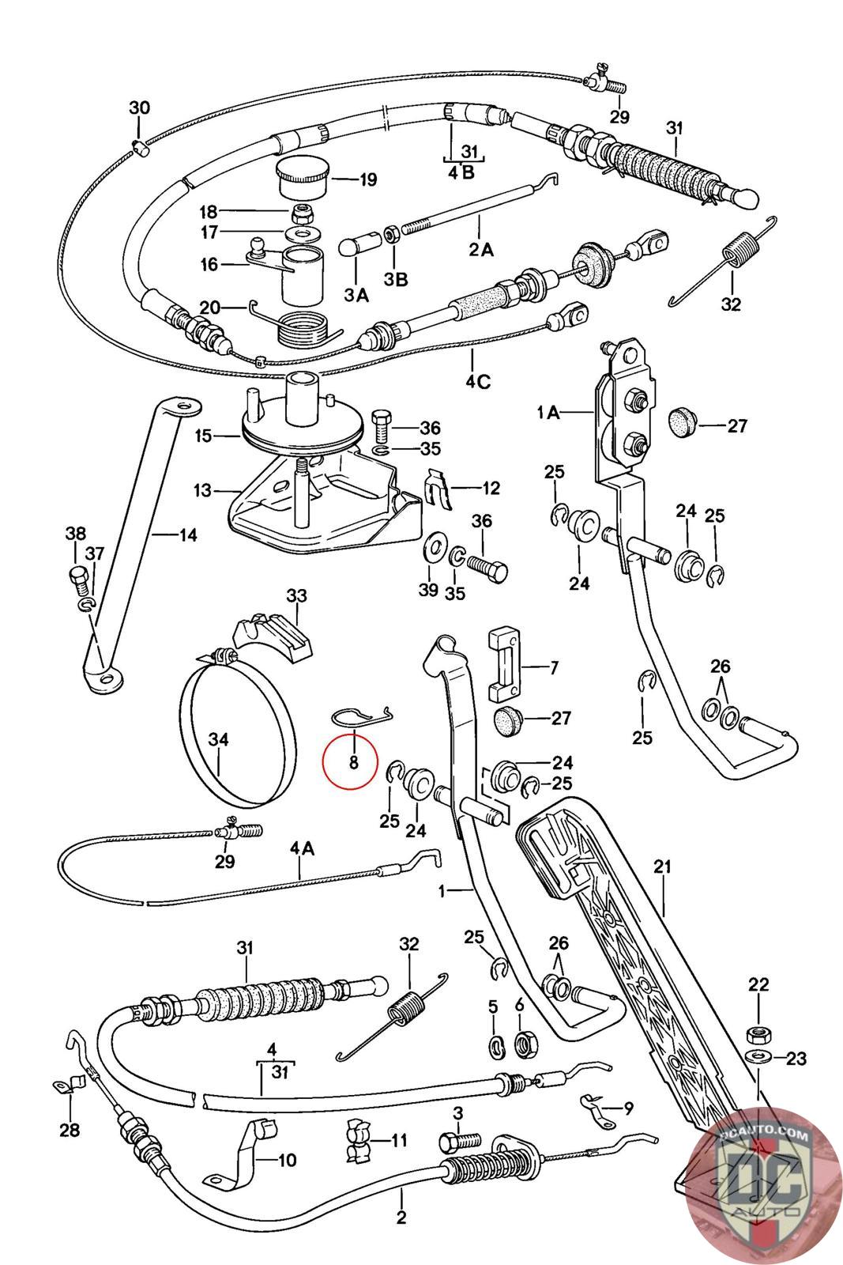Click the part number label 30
point(140,108)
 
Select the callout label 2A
point(481,249)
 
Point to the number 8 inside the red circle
point(354,762)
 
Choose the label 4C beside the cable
point(478,383)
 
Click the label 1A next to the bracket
point(548,413)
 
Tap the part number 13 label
point(202,490)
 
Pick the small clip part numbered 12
point(438,488)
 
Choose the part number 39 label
point(428,590)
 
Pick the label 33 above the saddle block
point(297,595)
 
